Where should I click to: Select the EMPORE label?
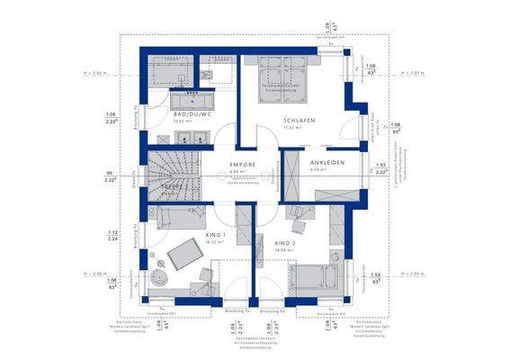point(244,165)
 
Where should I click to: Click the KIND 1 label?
point(214,234)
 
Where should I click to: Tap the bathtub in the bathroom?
point(167,72)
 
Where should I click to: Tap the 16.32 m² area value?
point(214,241)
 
